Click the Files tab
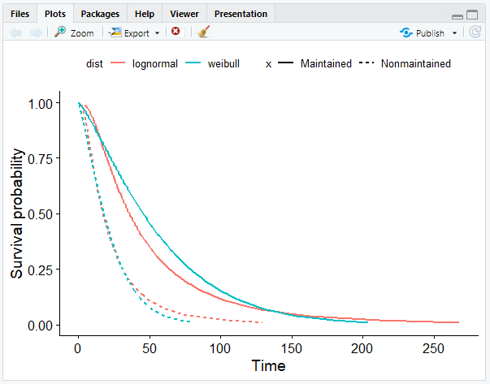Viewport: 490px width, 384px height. (x=20, y=14)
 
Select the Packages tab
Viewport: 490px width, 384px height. (x=100, y=14)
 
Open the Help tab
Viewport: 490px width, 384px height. (x=144, y=14)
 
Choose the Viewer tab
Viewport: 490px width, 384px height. (x=184, y=14)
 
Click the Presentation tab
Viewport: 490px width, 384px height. (x=241, y=14)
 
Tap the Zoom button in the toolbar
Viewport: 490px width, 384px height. (x=74, y=33)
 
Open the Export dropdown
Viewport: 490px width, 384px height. (x=134, y=33)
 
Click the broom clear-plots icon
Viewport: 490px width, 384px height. (x=203, y=32)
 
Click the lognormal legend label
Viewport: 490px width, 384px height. (x=154, y=63)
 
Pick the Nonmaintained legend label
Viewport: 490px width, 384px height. (x=415, y=63)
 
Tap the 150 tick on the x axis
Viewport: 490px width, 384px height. (x=292, y=348)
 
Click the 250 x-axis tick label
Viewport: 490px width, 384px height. (x=433, y=348)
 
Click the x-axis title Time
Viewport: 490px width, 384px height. (x=268, y=366)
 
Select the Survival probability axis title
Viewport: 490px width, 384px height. (x=17, y=214)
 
